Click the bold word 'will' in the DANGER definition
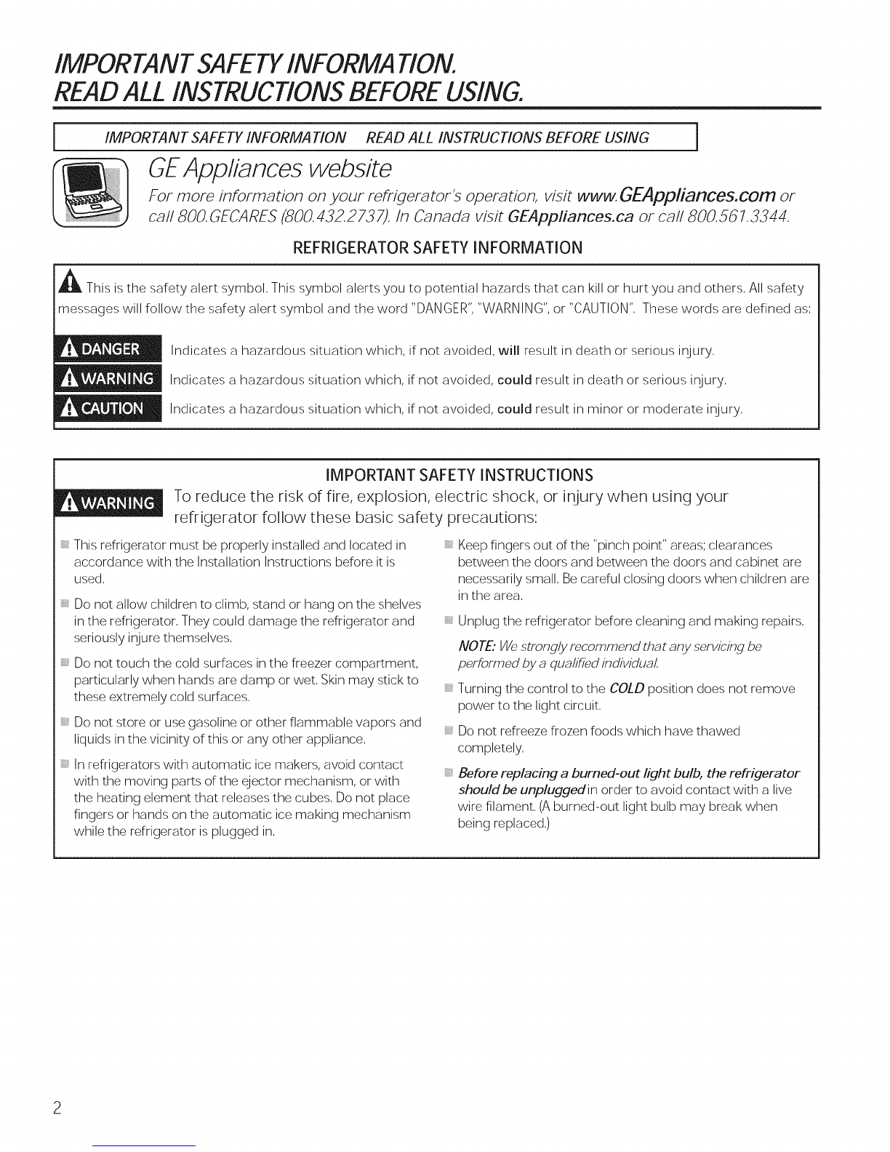[x=508, y=352]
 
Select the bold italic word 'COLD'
[x=627, y=688]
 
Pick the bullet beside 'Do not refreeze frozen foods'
[x=449, y=731]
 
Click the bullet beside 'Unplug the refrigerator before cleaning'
[x=449, y=622]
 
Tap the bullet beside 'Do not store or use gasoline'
[x=65, y=723]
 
